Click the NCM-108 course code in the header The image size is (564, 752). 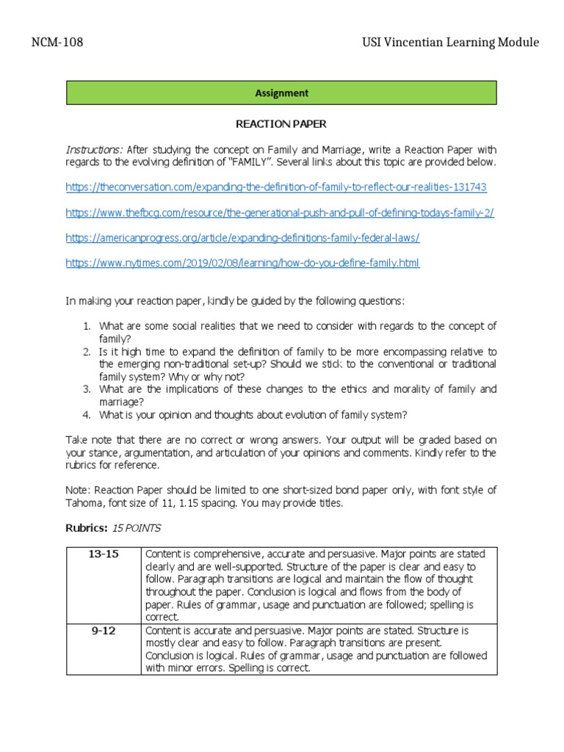point(57,43)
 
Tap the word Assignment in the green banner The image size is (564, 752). point(282,93)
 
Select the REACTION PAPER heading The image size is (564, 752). point(282,125)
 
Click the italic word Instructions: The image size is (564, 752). point(95,150)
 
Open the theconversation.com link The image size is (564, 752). point(275,187)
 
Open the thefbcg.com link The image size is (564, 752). point(280,213)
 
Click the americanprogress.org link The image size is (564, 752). point(242,238)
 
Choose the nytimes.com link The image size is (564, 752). point(242,263)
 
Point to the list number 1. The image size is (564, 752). point(85,326)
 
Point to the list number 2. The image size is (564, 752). point(85,352)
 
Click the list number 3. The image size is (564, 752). point(85,389)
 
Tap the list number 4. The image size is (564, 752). point(85,414)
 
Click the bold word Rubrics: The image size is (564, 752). point(86,528)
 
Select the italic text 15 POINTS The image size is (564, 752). point(136,528)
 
